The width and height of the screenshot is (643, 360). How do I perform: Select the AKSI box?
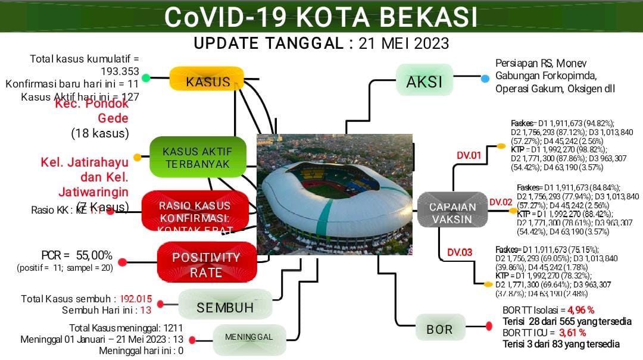(424, 81)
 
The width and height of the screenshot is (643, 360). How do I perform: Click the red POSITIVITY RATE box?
(206, 264)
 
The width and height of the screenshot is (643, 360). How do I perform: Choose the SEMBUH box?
(224, 307)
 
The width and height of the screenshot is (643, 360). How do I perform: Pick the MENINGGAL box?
(248, 337)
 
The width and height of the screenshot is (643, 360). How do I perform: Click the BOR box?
(439, 328)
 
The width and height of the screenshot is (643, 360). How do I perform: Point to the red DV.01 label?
(469, 156)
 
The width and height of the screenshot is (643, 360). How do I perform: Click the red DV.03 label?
(460, 252)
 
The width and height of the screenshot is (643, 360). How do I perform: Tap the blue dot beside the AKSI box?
(485, 79)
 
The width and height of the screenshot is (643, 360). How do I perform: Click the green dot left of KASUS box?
(146, 78)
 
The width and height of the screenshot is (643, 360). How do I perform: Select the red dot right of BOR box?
(489, 325)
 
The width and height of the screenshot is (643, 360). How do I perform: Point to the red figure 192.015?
(136, 299)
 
